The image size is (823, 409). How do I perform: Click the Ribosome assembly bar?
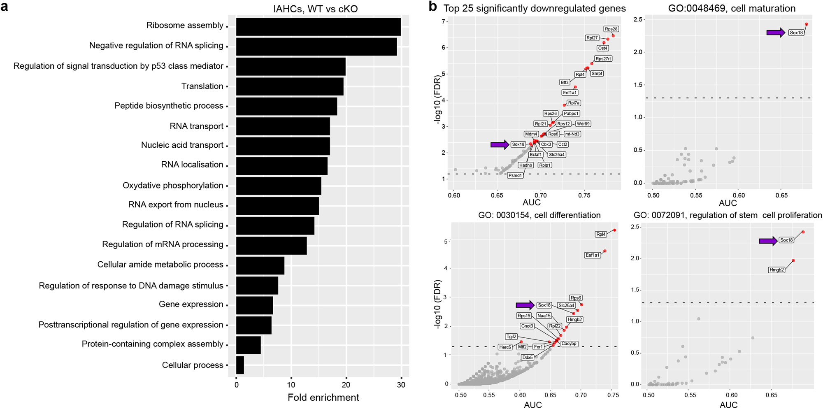coord(318,26)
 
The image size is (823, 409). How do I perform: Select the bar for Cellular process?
coord(240,365)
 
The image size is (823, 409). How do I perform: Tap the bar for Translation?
coord(290,86)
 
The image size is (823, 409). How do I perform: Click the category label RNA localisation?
coord(192,165)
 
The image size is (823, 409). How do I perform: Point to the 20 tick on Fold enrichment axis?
coord(346,385)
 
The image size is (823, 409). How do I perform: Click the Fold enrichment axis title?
coord(323,397)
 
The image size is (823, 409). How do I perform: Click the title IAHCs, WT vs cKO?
coord(315,8)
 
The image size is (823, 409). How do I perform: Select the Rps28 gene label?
coord(611,29)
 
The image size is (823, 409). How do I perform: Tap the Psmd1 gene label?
coord(515,175)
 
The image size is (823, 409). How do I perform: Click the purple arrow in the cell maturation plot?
coord(776,33)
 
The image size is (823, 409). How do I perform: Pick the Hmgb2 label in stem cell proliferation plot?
coord(776,270)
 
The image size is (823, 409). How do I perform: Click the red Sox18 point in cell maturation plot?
coord(806,24)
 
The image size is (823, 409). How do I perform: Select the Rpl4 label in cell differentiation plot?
coord(601,234)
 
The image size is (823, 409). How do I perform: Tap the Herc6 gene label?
coord(505,347)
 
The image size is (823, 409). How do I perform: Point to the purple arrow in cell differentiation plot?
coord(525,305)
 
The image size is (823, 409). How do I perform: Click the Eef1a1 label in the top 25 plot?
coord(570,93)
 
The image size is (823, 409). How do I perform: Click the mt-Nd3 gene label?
coord(572,134)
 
